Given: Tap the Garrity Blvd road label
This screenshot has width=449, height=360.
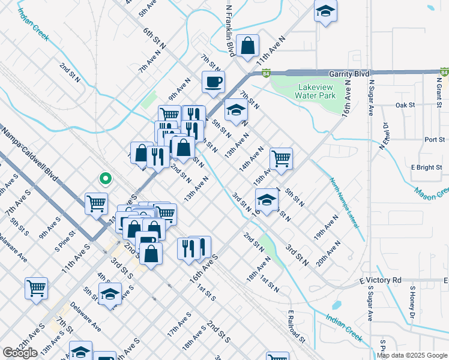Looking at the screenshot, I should pos(348,73).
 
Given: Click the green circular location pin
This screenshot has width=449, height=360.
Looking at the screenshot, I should pos(105,178).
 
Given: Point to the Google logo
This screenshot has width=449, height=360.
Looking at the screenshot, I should pos(20,353).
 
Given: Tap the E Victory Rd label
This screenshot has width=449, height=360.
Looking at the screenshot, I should pos(381,280).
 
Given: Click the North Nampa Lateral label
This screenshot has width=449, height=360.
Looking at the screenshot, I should pos(344,202).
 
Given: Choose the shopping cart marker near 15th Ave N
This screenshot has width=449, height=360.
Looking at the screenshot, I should pos(281,159).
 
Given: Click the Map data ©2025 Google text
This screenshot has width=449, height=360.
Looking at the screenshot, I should pos(412,355).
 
